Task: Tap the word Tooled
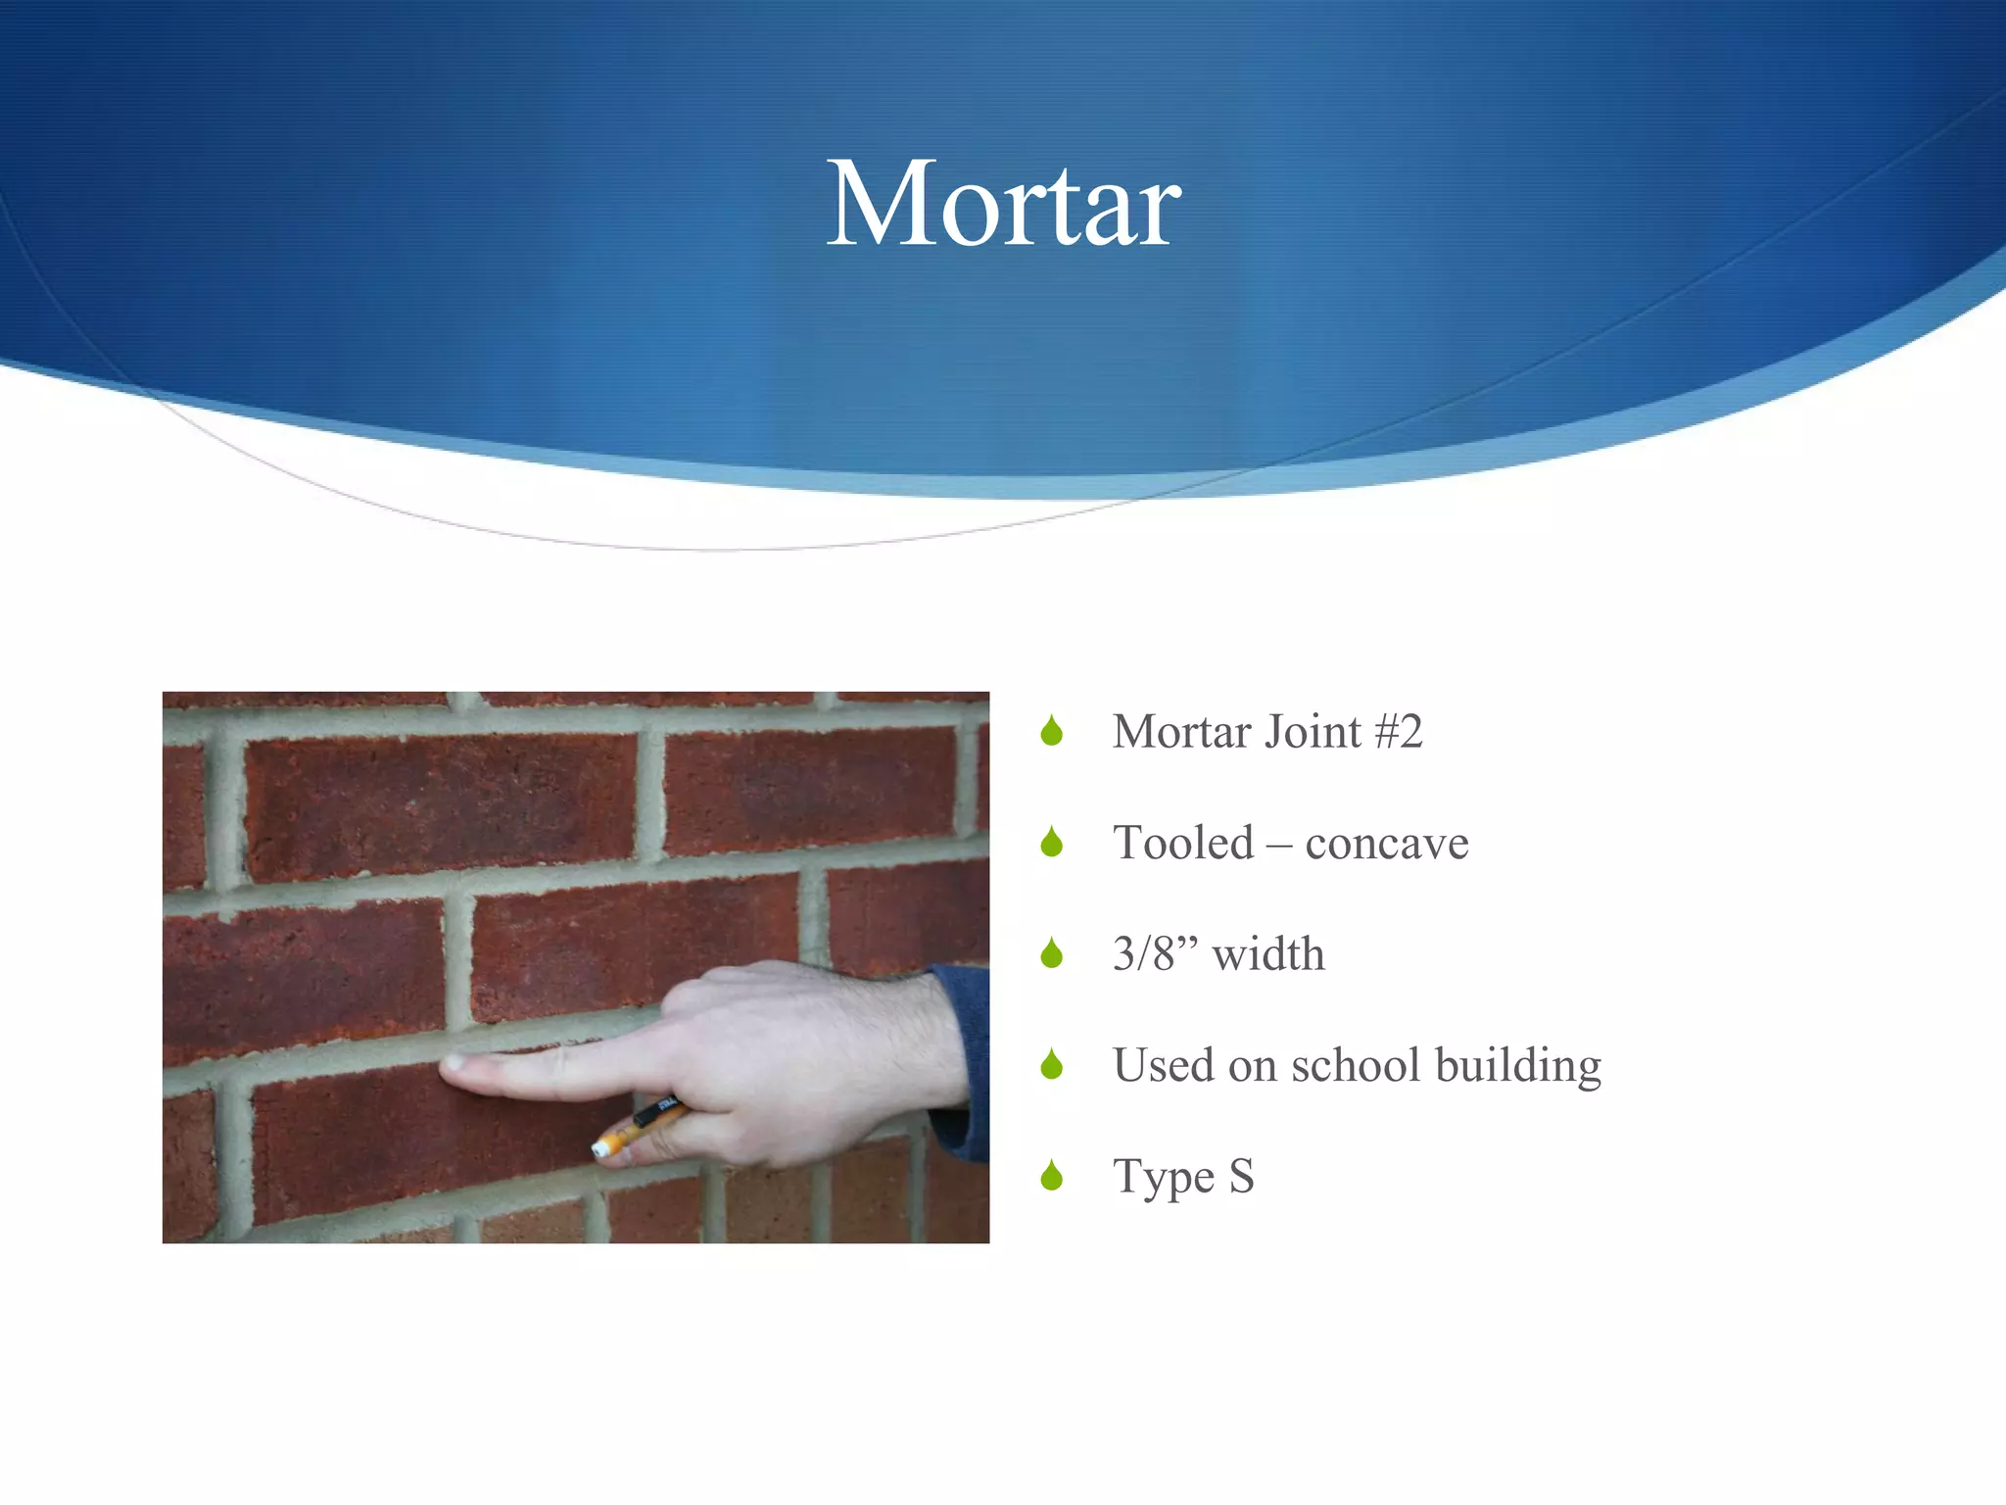(1183, 843)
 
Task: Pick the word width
(1268, 953)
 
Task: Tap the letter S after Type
(1241, 1176)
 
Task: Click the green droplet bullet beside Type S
(1052, 1175)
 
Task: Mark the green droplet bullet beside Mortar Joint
(1052, 731)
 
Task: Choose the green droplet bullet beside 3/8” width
(1052, 952)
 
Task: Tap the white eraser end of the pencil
(600, 1148)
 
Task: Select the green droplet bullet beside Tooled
(1052, 842)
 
